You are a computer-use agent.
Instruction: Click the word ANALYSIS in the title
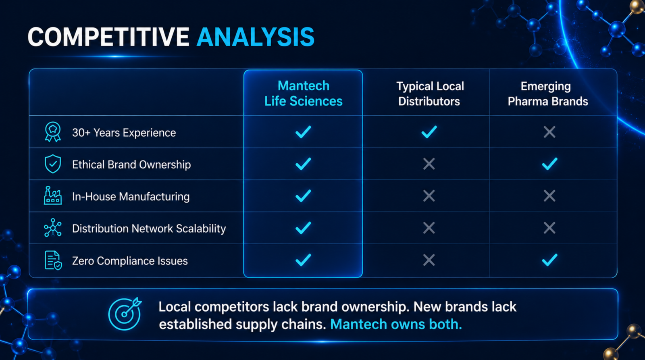tap(256, 37)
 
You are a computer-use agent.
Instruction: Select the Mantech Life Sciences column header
tap(304, 94)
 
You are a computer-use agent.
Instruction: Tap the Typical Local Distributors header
tap(430, 94)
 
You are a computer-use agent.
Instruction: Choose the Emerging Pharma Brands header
tap(548, 94)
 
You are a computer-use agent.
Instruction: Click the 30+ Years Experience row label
tap(124, 133)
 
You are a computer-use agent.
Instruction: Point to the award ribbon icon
tap(53, 132)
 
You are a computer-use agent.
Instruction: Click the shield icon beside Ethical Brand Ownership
tap(53, 164)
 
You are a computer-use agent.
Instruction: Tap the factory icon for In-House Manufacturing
tap(53, 196)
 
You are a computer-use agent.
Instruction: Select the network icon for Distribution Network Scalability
tap(53, 227)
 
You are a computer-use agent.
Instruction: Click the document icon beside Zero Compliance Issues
tap(53, 260)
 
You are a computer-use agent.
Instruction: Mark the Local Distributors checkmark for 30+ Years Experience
tap(429, 132)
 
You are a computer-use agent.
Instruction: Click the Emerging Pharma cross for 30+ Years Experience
tap(549, 132)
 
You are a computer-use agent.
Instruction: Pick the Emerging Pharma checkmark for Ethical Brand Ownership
tap(549, 164)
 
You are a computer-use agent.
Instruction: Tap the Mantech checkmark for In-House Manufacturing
tap(303, 196)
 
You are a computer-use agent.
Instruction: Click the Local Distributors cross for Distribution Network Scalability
tap(429, 228)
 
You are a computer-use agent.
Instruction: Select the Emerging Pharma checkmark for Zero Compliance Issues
tap(549, 260)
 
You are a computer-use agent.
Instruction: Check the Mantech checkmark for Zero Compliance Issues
tap(303, 260)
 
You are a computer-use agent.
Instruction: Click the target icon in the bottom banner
tap(125, 314)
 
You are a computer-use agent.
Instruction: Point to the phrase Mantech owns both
tap(396, 324)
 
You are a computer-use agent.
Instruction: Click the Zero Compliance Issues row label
tap(130, 261)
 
